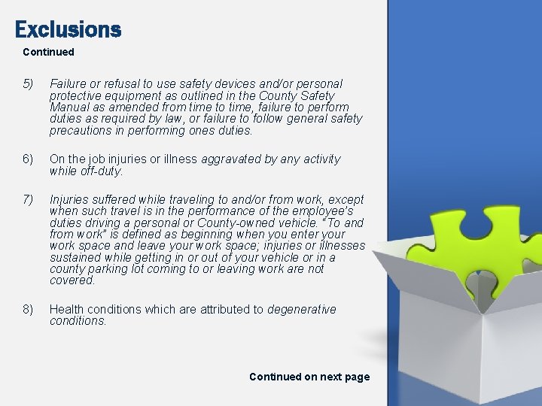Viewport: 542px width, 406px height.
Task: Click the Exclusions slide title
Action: [x=68, y=29]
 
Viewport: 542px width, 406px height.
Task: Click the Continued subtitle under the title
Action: [x=48, y=52]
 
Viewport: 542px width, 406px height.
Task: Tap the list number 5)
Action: [x=28, y=84]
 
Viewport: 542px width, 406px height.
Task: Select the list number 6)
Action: [x=28, y=159]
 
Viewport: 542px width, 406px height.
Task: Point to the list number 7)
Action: [x=28, y=200]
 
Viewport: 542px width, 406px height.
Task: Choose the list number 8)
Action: [x=28, y=310]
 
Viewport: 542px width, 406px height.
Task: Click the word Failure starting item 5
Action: [x=68, y=84]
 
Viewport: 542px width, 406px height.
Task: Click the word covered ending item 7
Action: [x=72, y=280]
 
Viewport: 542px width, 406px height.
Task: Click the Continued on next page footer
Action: [x=309, y=377]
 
